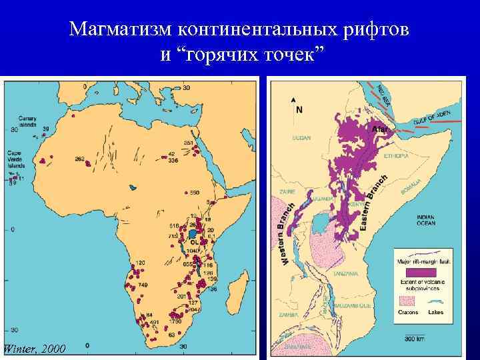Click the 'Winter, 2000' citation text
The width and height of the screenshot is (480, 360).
click(34, 349)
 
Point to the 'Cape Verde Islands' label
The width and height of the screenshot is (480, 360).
click(17, 159)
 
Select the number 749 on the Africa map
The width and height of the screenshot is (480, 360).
click(143, 285)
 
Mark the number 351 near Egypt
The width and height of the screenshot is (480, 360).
click(188, 143)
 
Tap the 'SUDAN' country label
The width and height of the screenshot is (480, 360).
click(301, 139)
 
